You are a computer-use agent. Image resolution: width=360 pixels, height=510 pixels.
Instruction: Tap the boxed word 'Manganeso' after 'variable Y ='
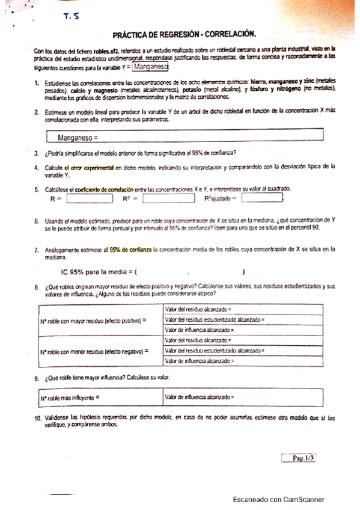151,67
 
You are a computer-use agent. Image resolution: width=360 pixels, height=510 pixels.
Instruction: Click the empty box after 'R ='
90,197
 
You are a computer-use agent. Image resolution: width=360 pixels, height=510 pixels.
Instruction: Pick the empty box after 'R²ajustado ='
261,197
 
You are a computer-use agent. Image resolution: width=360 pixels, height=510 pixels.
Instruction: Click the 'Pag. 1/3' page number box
299,458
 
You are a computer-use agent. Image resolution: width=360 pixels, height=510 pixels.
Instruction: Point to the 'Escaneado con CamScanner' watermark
279,499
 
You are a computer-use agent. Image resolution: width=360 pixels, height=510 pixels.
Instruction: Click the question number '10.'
37,417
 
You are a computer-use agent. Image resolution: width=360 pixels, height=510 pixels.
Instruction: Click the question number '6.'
37,223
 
